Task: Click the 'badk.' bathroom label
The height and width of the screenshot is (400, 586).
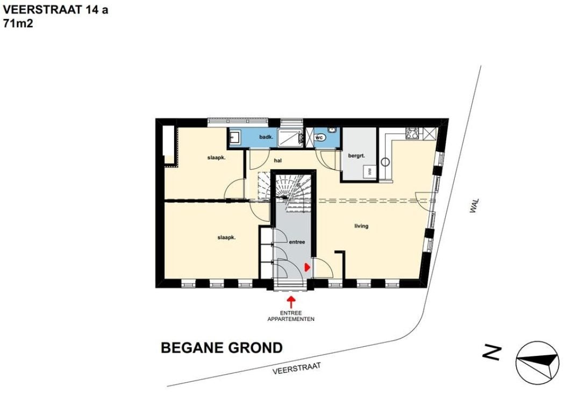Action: coord(266,137)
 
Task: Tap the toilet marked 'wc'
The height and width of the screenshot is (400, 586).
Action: coord(320,138)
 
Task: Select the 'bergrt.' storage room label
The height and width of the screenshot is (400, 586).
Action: coord(356,156)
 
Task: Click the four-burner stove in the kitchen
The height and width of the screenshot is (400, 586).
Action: coord(412,133)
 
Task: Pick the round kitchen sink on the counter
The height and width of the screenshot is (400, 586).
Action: coord(385,162)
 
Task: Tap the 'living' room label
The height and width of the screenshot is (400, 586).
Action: coord(361,226)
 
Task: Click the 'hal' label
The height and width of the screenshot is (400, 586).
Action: coord(277,160)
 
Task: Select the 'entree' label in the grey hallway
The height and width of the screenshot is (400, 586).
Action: coord(297,242)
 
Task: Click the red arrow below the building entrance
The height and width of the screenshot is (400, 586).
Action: coord(291,301)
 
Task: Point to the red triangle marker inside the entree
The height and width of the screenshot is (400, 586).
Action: coord(308,267)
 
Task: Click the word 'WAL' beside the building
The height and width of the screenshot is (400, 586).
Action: coord(474,206)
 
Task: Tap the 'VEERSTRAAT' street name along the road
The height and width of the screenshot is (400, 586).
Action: coord(297,368)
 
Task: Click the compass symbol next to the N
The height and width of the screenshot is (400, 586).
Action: coord(538,362)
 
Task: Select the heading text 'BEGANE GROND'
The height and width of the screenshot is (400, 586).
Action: coord(221,348)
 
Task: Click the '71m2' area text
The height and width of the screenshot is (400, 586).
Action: coord(18,23)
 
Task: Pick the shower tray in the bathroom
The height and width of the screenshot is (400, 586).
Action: coord(290,137)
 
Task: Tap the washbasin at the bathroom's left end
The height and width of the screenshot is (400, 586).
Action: coord(234,137)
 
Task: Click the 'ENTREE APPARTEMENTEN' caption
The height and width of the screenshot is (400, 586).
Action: coord(291,316)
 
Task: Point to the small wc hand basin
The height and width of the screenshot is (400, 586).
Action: coord(332,130)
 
